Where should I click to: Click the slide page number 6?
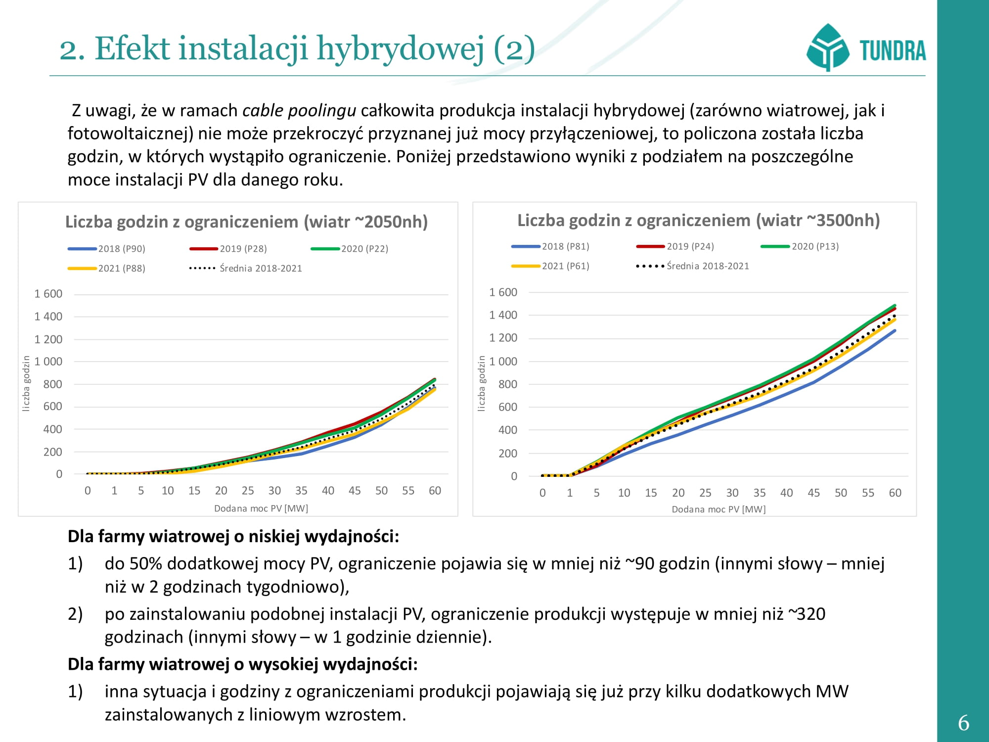coord(963,723)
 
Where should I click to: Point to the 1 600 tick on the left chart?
coord(48,294)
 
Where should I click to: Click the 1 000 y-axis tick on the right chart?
coord(503,362)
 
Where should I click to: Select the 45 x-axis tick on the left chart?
coord(355,491)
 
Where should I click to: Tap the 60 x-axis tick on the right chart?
coord(895,493)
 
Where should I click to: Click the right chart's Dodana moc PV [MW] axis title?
coord(719,509)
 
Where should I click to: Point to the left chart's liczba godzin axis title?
coord(26,383)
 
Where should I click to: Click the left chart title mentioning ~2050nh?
coord(246,222)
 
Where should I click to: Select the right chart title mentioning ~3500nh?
coord(698,220)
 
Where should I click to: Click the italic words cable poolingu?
coord(299,110)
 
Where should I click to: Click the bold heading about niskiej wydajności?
coord(233,536)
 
